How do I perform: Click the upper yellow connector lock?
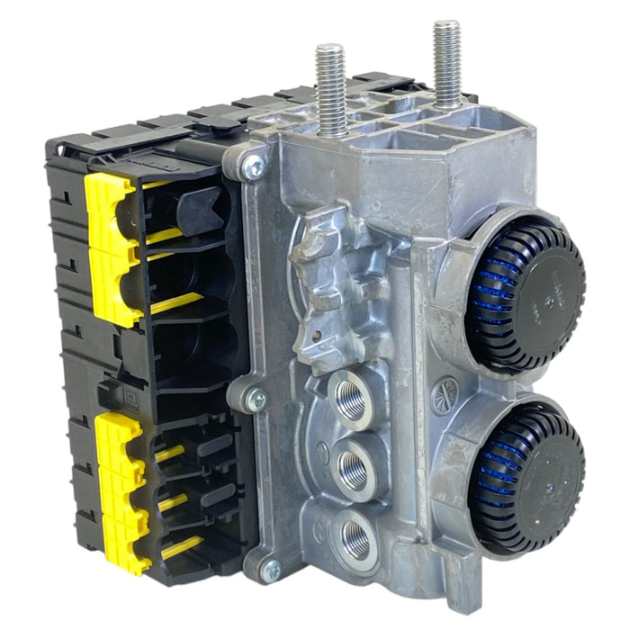(x=111, y=247)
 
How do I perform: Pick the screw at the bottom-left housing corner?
(x=267, y=569)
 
